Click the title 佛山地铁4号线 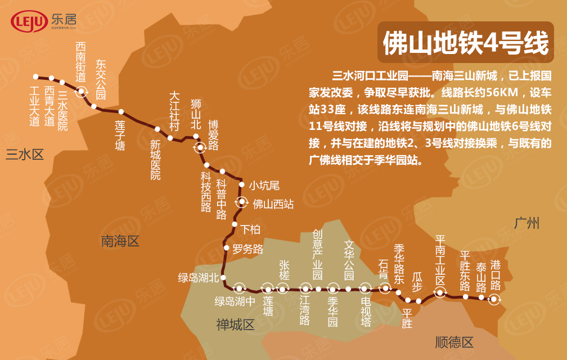(466, 43)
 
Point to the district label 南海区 (120, 242)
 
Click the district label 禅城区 (235, 325)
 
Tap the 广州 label (526, 223)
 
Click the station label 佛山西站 (273, 204)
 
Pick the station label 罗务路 (248, 249)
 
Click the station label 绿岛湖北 (198, 277)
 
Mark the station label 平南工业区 (440, 260)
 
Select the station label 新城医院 (155, 160)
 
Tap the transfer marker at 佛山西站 (242, 201)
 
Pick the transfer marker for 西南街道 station (82, 92)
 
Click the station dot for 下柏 (235, 225)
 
